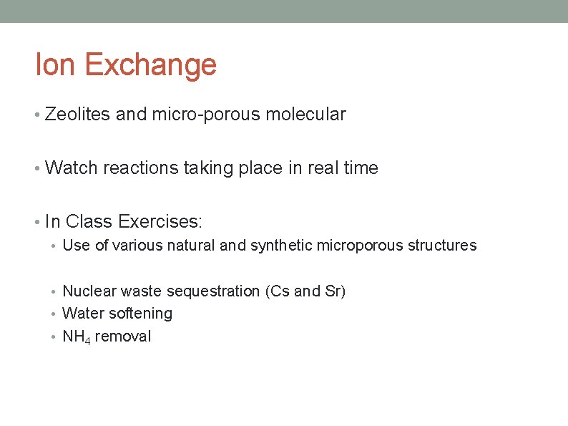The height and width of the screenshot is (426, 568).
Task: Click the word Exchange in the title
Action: (150, 64)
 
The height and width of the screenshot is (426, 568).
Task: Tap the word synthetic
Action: (281, 246)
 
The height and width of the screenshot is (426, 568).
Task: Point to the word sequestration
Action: (214, 291)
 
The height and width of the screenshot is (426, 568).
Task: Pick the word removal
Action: (122, 337)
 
